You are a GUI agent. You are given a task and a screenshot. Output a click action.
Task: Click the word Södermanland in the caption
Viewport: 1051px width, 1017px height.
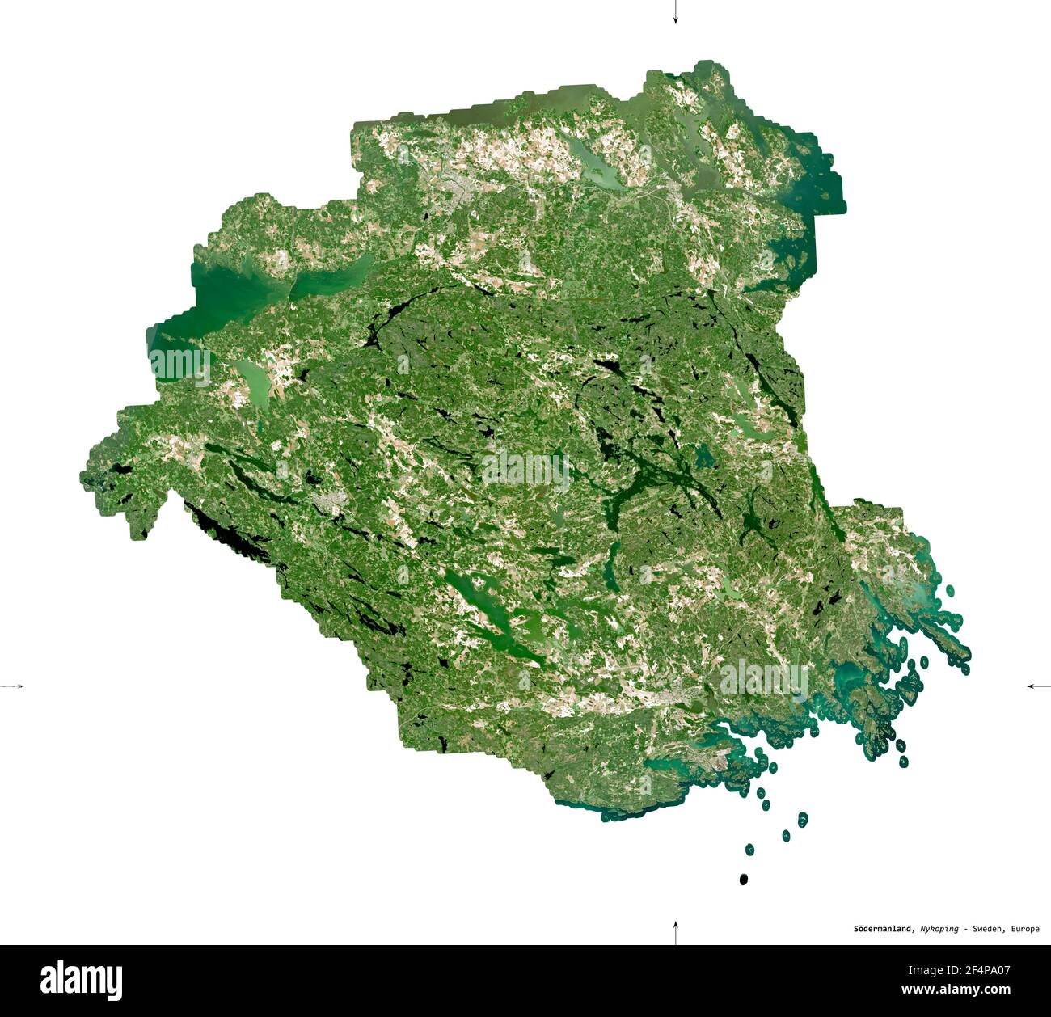pos(884,929)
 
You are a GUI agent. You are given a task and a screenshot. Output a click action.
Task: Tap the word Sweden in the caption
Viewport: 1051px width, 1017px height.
pos(987,929)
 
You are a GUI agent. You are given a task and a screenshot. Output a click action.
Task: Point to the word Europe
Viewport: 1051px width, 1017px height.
pos(1024,929)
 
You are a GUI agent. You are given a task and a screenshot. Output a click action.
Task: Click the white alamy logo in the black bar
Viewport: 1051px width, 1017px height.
pos(81,980)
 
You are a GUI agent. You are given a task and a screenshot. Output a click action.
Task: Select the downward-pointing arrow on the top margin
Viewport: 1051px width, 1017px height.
pos(675,15)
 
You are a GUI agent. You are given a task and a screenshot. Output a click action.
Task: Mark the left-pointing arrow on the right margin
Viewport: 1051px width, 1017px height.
pos(1036,686)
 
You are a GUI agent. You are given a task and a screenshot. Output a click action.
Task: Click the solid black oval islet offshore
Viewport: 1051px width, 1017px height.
pos(743,879)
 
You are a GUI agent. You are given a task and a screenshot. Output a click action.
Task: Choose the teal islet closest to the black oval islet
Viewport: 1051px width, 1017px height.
pos(749,849)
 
